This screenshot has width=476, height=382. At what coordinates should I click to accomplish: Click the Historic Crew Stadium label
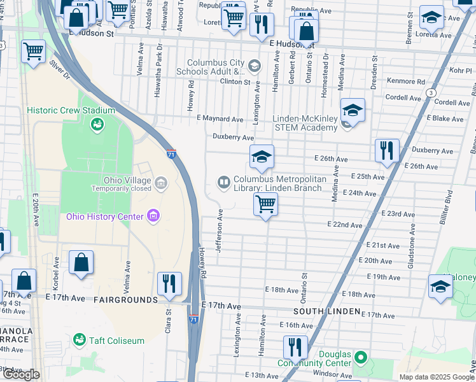pos(71,110)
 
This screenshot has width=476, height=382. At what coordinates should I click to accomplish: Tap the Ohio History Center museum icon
pos(153,216)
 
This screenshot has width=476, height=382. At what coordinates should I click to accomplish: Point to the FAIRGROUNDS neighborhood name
pos(125,299)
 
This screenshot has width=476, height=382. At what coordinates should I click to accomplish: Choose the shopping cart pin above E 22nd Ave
pos(265,204)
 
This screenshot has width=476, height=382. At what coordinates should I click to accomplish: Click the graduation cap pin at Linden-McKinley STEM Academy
pos(352,110)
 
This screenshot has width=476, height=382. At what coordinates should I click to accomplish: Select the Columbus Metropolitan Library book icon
pos(223,183)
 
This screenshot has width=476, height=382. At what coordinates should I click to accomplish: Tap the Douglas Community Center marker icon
pos(361,357)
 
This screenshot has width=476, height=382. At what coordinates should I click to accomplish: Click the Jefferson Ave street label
pos(219,230)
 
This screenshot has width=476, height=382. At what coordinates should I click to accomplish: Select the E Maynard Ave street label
pos(220,119)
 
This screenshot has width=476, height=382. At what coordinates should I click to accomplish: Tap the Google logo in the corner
pos(21,374)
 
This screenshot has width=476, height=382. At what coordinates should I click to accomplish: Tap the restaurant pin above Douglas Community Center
pos(295,348)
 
